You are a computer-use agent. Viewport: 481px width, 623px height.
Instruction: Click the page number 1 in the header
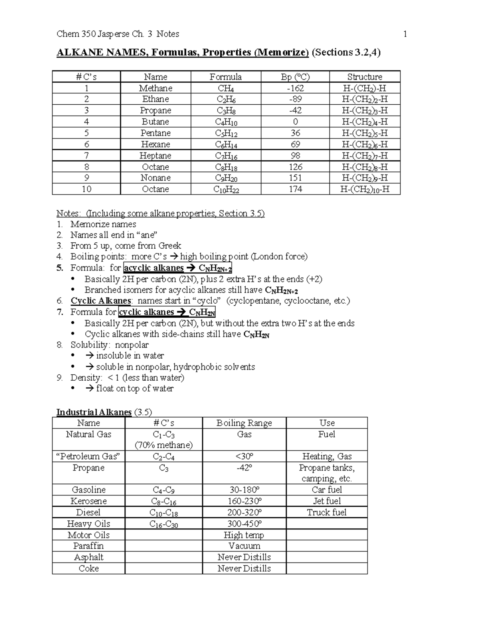[405, 34]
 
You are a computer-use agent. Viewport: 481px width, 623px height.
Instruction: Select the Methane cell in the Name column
[156, 88]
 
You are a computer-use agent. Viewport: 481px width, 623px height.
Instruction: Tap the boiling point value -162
[295, 88]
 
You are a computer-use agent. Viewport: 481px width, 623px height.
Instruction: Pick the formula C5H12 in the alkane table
[226, 134]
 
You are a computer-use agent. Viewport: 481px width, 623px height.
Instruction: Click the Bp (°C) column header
[295, 77]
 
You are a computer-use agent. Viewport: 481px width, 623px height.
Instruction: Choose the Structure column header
[364, 77]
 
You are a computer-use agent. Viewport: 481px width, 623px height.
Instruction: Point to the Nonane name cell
[156, 178]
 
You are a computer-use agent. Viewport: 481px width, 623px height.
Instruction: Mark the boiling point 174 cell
[295, 189]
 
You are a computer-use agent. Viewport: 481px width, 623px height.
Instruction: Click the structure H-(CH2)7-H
[364, 156]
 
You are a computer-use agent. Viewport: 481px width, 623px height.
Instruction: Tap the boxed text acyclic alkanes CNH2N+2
[178, 268]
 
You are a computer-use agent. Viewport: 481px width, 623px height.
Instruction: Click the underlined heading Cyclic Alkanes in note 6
[101, 301]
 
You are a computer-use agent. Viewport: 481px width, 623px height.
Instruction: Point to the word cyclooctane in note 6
[307, 301]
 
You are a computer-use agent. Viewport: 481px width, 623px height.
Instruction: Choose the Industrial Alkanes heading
[94, 412]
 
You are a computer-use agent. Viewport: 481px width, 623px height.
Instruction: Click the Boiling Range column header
[244, 423]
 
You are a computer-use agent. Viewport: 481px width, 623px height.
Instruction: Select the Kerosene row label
[89, 501]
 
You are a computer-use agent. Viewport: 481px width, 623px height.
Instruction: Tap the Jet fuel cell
[327, 501]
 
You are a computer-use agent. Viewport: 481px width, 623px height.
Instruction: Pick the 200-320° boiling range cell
[244, 512]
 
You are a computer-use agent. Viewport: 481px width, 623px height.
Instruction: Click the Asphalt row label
[89, 557]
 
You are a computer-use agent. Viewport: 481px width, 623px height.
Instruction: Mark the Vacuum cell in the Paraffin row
[244, 546]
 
